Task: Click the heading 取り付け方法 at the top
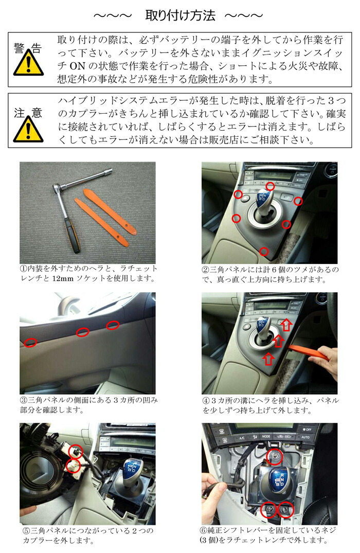(x=179, y=15)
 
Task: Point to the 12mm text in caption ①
(x=71, y=278)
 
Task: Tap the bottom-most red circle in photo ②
(x=263, y=251)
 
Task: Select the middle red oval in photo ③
(x=82, y=332)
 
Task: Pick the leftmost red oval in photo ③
(x=30, y=342)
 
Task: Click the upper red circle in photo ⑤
(x=76, y=452)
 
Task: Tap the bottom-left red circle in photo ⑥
(x=268, y=510)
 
